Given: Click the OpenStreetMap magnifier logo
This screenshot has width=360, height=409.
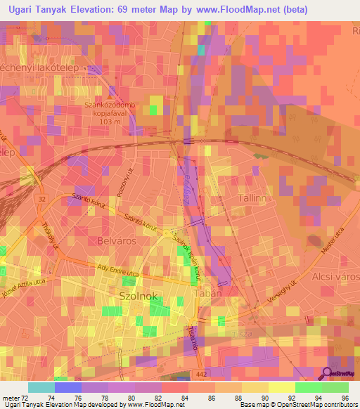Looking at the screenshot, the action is point(328,373).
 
